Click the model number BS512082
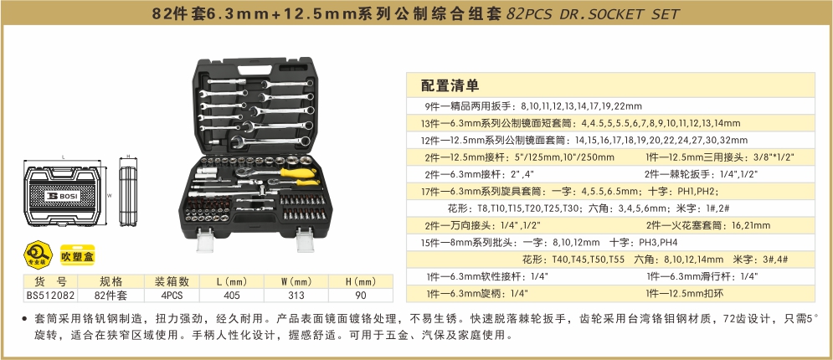(x=50, y=296)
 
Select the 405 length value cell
(x=232, y=296)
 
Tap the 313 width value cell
(x=296, y=296)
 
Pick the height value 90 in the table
(x=361, y=296)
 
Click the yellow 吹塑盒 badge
(x=77, y=256)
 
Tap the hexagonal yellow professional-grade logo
(x=38, y=254)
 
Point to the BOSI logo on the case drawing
(x=64, y=195)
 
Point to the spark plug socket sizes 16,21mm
(x=751, y=225)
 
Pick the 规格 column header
(x=111, y=281)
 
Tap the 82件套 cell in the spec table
(x=111, y=296)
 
